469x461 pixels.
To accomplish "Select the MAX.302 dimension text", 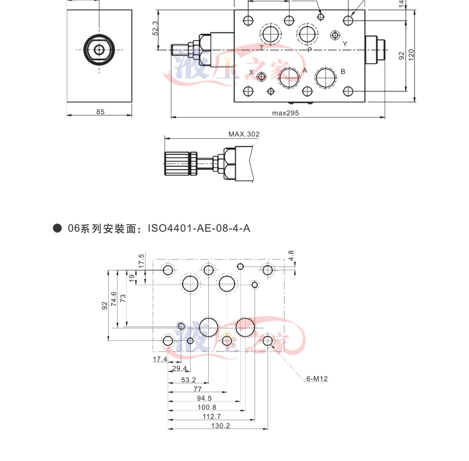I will point(243,134).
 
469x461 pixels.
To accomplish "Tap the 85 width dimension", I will point(100,112).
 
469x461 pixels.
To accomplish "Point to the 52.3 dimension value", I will point(155,28).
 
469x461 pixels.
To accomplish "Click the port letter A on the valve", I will point(305,70).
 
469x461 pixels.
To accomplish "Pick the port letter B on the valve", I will point(343,71).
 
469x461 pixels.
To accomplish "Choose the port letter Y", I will point(345,43).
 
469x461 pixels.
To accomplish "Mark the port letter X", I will point(251,73).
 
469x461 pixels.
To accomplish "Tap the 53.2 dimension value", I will point(188,380).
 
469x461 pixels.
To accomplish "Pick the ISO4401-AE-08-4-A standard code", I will point(199,228).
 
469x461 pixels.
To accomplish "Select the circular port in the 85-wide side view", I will point(99,49).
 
